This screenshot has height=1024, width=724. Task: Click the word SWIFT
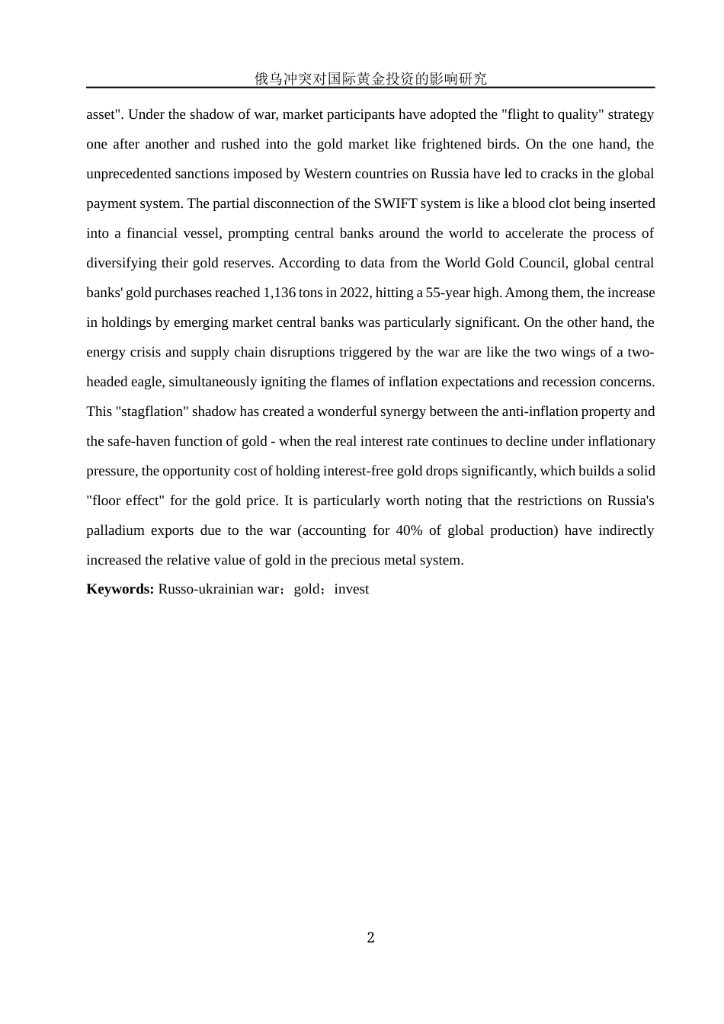[392, 203]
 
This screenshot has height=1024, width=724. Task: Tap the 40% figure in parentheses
[409, 530]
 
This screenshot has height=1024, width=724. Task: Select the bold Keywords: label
[120, 589]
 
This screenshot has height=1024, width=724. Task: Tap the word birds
[482, 144]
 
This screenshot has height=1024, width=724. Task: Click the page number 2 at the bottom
[370, 937]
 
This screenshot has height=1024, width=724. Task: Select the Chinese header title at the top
[370, 78]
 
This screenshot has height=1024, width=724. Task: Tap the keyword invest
[351, 589]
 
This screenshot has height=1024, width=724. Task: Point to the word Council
[543, 263]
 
